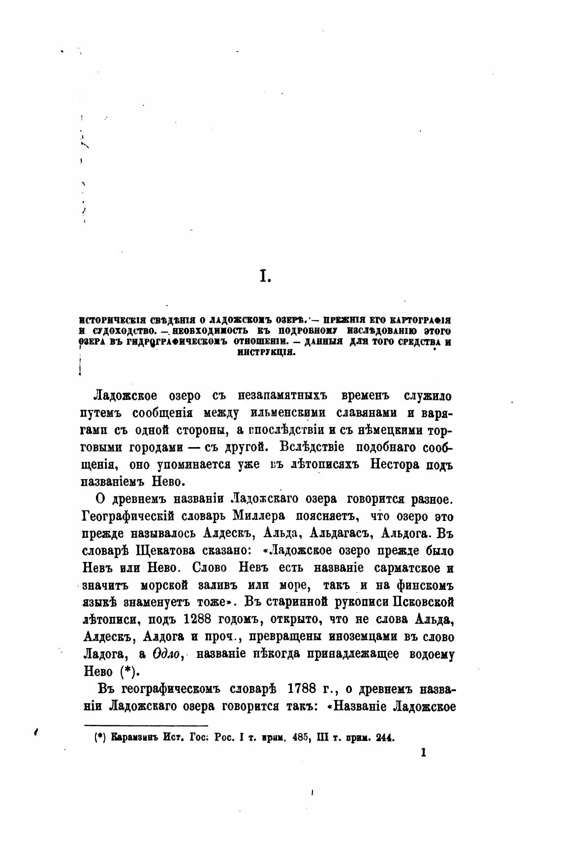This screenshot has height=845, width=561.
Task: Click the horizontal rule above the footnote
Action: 146,724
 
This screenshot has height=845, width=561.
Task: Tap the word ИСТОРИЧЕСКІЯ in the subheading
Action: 104,319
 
